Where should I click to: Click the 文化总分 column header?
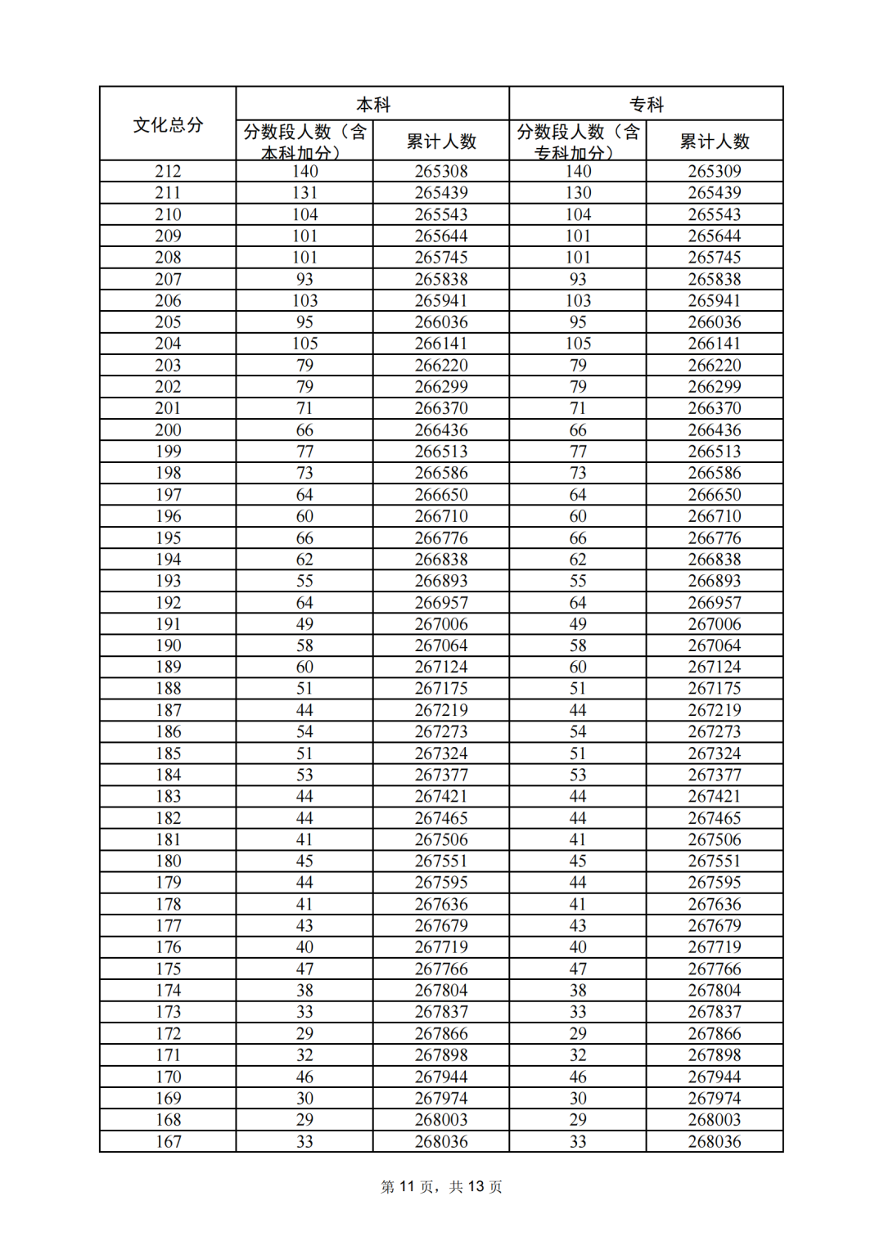tap(168, 124)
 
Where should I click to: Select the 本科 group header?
tap(373, 105)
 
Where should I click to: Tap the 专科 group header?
tap(646, 105)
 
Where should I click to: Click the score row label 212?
tap(168, 171)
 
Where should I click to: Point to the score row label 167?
tap(168, 1141)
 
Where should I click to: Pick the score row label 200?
tap(168, 429)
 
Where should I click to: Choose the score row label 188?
tap(168, 689)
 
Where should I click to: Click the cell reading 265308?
tap(441, 171)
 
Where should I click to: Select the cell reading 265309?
tap(715, 171)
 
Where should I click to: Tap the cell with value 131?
tap(304, 192)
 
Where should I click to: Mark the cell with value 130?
tap(578, 192)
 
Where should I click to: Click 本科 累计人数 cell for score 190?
tap(441, 645)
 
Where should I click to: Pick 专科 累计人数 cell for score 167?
tap(715, 1141)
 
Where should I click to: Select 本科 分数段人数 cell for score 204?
tap(304, 344)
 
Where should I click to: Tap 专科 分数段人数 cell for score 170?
tap(578, 1077)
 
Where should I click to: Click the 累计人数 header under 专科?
tap(715, 142)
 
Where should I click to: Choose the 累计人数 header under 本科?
tap(441, 142)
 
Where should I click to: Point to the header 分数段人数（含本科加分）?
tap(304, 142)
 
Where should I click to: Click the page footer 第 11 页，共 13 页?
tap(441, 1186)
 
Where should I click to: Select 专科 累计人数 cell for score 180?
tap(715, 861)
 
